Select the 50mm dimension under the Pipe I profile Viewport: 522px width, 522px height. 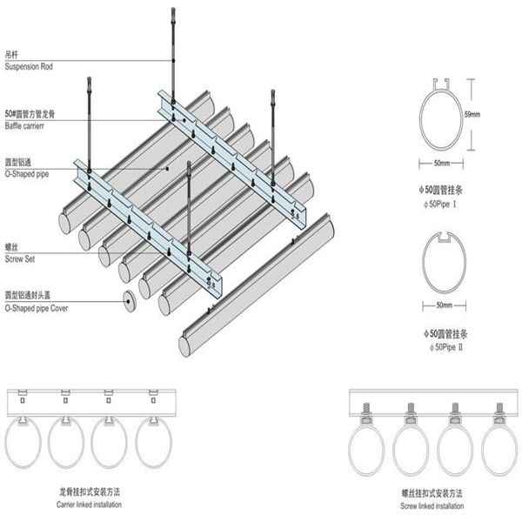tap(442, 163)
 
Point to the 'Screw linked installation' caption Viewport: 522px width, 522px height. tap(425, 505)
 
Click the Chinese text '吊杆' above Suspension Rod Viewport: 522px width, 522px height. tap(13, 56)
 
